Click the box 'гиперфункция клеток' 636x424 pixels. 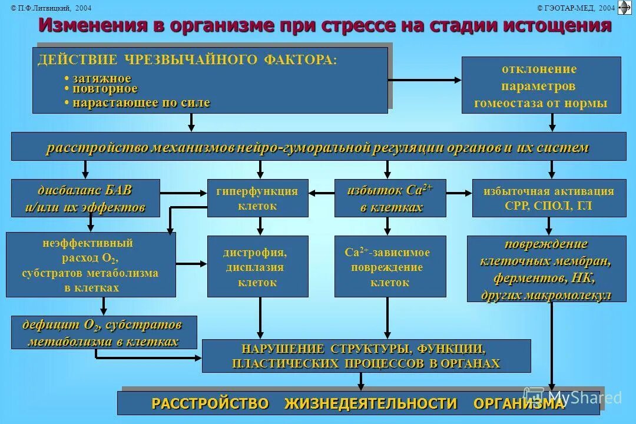(x=257, y=198)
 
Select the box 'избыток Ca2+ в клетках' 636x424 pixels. (x=390, y=198)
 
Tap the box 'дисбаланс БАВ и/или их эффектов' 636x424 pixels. (x=85, y=198)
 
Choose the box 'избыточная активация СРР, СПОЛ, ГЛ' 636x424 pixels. (x=549, y=198)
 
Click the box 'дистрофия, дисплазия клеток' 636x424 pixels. (x=257, y=267)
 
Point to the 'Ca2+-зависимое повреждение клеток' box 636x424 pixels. (x=390, y=267)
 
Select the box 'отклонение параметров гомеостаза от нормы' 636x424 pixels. (x=541, y=85)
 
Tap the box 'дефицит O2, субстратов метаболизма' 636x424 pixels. (x=104, y=333)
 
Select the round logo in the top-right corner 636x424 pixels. (x=624, y=7)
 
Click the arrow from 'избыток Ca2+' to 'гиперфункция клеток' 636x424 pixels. (x=322, y=192)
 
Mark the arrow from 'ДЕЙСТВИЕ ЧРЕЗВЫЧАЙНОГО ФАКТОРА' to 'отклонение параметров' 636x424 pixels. (x=424, y=79)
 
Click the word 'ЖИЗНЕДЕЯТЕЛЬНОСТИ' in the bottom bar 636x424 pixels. (x=371, y=403)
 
